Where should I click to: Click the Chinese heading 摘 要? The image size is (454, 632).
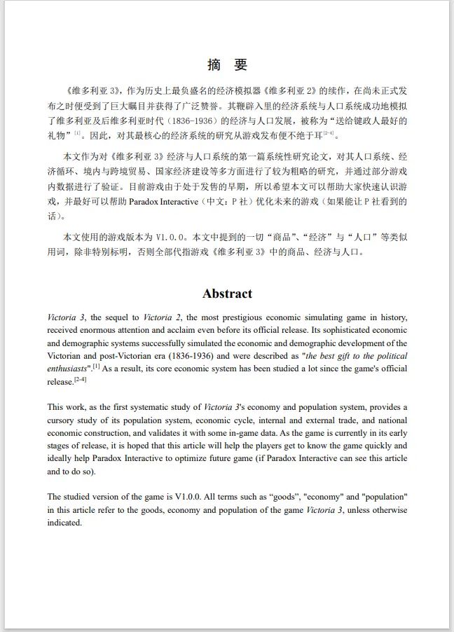(227, 65)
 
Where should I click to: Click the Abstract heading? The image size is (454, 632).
(227, 294)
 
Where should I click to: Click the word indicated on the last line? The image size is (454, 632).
(64, 523)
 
